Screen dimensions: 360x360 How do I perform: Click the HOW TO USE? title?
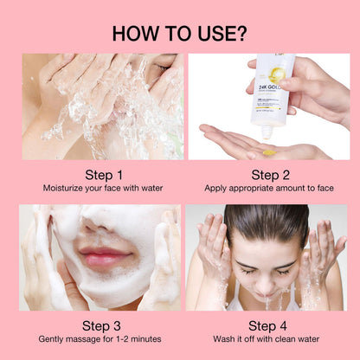179,34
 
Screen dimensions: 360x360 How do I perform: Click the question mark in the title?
240,34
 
